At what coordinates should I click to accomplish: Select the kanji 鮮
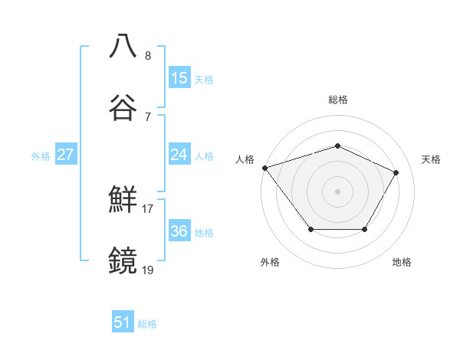(123, 201)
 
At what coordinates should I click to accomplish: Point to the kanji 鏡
(123, 260)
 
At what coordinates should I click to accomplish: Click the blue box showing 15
(179, 77)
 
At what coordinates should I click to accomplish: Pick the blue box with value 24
(179, 155)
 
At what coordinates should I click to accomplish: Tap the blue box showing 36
(179, 231)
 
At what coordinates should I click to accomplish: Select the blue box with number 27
(66, 155)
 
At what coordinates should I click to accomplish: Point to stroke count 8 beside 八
(148, 56)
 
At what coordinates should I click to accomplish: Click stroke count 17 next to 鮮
(148, 208)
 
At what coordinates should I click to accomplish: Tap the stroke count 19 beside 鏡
(148, 269)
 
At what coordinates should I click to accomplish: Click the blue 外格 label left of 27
(41, 155)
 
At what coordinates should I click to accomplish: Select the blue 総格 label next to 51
(147, 323)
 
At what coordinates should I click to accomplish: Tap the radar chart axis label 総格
(337, 100)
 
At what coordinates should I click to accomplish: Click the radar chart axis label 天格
(431, 159)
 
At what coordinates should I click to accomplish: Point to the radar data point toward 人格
(264, 167)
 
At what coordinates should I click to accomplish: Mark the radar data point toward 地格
(364, 229)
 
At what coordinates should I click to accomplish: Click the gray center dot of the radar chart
(337, 191)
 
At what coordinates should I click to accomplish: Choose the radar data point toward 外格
(310, 229)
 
